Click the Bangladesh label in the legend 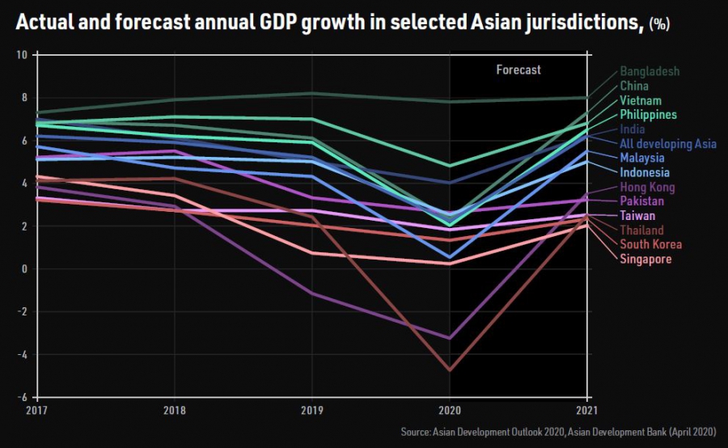[650, 71]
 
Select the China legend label [633, 86]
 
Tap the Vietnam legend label [641, 100]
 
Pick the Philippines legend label [648, 115]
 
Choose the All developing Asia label [668, 144]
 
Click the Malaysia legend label [642, 158]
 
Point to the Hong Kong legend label [647, 188]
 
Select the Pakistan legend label [641, 201]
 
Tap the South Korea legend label [650, 244]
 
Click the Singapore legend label [645, 259]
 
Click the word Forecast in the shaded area [518, 70]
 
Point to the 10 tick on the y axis [22, 55]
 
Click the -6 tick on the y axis [23, 397]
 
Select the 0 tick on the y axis [25, 269]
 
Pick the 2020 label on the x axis [451, 411]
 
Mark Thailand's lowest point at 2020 [451, 370]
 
